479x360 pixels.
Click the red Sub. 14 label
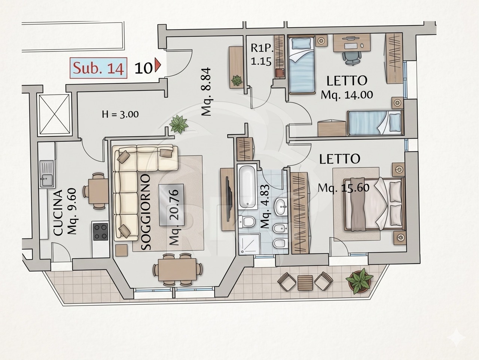[x=98, y=68]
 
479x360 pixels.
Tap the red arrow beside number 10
[x=158, y=65]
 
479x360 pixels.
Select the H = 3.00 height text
[x=120, y=114]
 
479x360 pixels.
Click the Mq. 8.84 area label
[x=206, y=92]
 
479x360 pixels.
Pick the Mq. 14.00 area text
[x=347, y=95]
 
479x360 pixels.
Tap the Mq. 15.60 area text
[x=344, y=188]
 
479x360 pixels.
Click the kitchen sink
[x=46, y=174]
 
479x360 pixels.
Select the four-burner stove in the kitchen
[x=101, y=232]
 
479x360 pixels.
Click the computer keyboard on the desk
[x=351, y=46]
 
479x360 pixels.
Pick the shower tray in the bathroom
[x=249, y=244]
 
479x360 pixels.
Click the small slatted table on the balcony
[x=305, y=283]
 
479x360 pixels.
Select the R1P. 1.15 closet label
[x=262, y=55]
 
